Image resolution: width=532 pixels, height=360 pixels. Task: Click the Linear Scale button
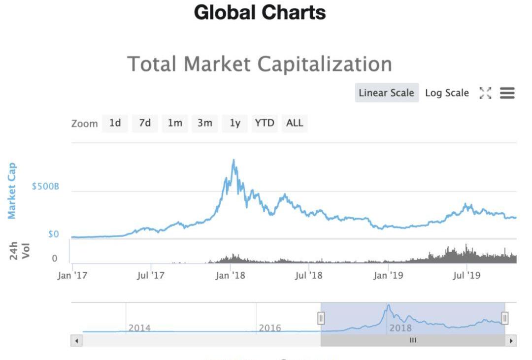tap(386, 93)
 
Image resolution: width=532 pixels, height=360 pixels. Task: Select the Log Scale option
tap(447, 93)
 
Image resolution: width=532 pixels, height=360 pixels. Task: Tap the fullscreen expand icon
tap(485, 93)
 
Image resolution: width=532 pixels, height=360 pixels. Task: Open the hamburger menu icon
tap(507, 93)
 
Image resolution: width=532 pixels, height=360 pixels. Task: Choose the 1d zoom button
tap(115, 123)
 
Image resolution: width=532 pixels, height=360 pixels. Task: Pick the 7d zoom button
tap(145, 123)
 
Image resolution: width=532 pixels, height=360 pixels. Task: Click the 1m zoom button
tap(175, 123)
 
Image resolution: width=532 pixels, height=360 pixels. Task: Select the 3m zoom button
tap(204, 123)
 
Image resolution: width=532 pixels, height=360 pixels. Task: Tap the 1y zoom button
tap(235, 123)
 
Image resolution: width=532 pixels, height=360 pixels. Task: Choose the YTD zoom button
tap(265, 123)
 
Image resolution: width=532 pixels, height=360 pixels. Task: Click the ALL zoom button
tap(295, 123)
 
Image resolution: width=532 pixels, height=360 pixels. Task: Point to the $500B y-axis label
tap(45, 187)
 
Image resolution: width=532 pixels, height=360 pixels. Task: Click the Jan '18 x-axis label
tap(230, 276)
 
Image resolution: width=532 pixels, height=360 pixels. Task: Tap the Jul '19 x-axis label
tap(466, 276)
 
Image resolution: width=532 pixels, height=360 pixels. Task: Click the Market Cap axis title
tap(12, 191)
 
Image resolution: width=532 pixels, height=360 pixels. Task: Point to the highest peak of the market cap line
tap(233, 160)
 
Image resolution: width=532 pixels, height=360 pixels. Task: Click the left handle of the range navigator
tap(321, 318)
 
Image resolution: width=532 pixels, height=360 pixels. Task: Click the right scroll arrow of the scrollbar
tap(512, 340)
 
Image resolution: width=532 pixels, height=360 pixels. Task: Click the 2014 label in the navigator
tap(139, 327)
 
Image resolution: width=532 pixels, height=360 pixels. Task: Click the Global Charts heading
tap(260, 13)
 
